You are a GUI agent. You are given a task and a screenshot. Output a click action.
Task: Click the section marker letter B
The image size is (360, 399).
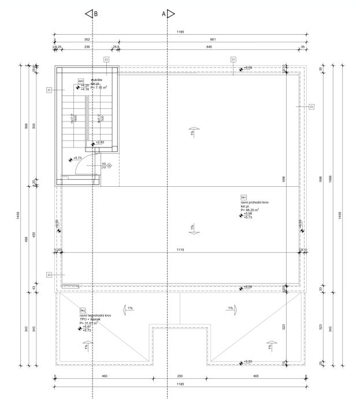pyautogui.click(x=95, y=13)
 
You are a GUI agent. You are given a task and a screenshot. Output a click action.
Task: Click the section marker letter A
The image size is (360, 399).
pyautogui.click(x=164, y=13)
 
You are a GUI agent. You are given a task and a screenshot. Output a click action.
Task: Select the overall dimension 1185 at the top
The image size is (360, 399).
pyautogui.click(x=180, y=32)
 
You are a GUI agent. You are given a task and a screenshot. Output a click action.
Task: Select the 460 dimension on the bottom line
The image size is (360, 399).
pyautogui.click(x=105, y=376)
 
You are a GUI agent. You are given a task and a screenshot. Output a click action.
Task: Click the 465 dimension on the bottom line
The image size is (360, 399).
pyautogui.click(x=255, y=376)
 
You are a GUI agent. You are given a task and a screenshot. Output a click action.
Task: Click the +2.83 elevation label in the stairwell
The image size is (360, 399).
pyautogui.click(x=100, y=142)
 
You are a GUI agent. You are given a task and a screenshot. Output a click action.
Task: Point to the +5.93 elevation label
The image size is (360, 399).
pyautogui.click(x=247, y=363)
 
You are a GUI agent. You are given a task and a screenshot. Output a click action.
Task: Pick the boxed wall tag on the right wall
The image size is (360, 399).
pyautogui.click(x=311, y=106)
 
